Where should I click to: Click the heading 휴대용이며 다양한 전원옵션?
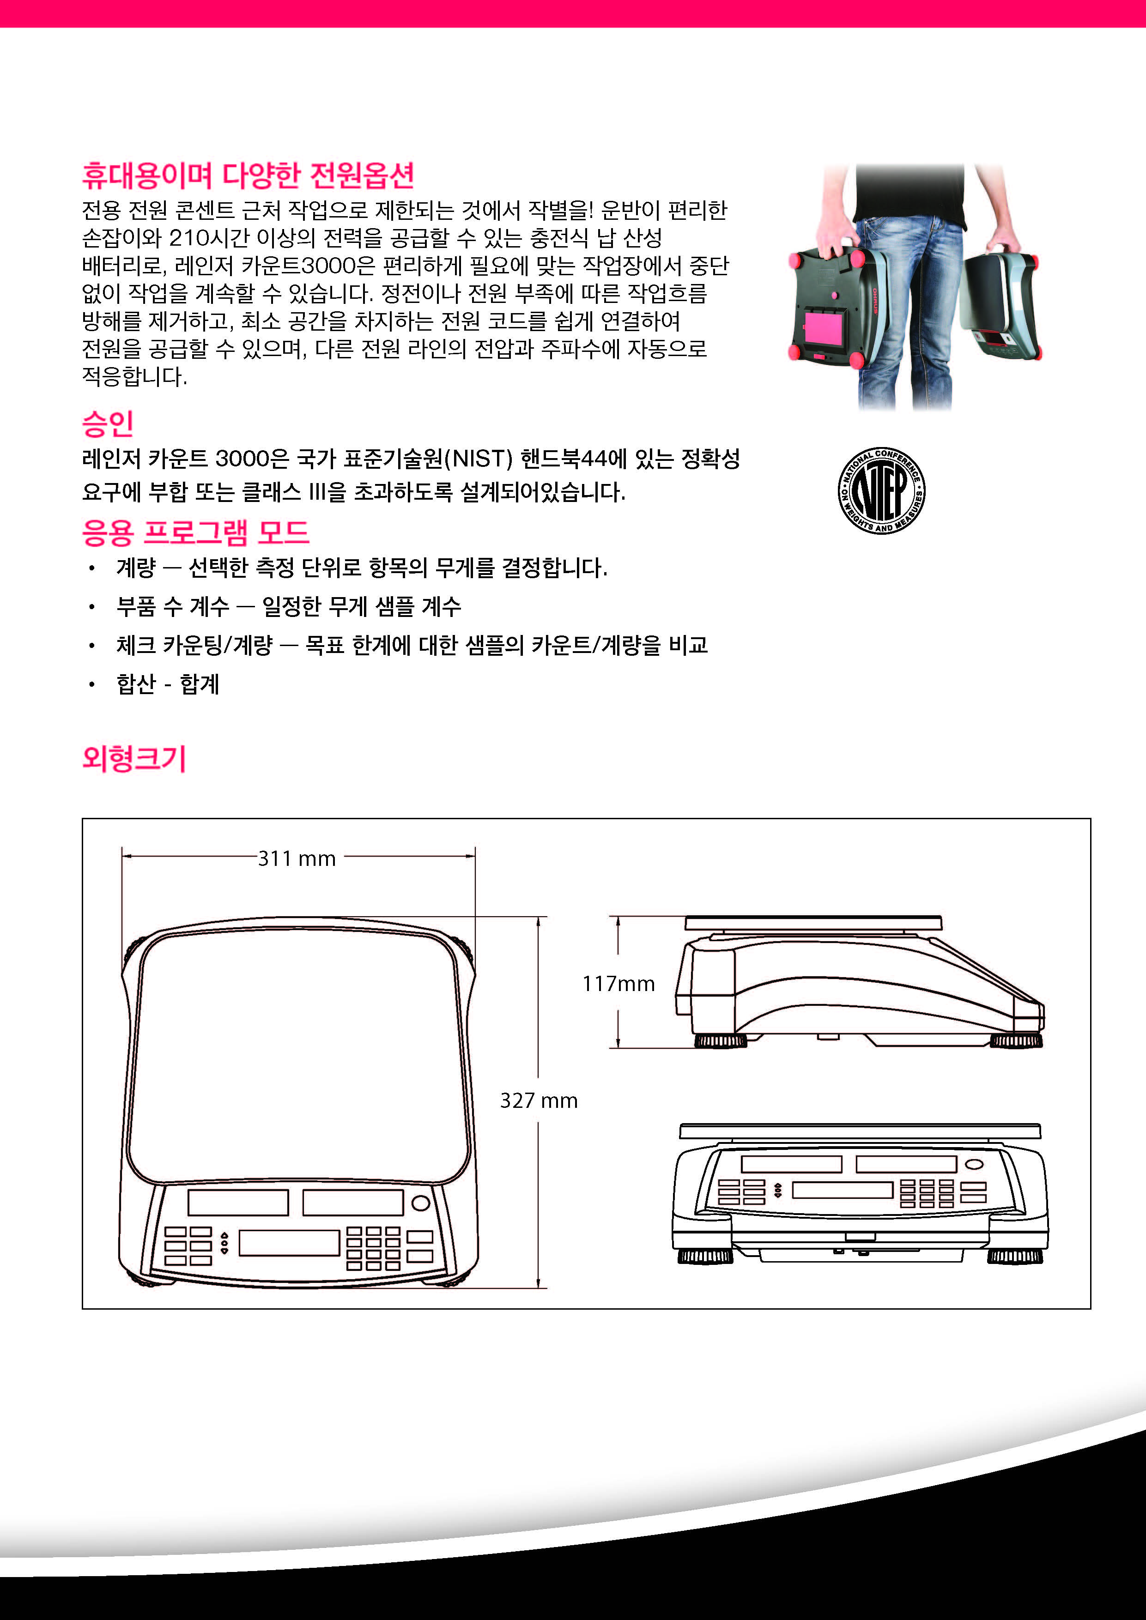click(x=248, y=175)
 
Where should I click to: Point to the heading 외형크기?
click(x=134, y=758)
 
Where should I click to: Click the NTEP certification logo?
click(x=881, y=490)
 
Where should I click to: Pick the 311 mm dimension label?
click(x=297, y=858)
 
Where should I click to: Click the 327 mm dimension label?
click(x=539, y=1100)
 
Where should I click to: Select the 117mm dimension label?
click(x=618, y=984)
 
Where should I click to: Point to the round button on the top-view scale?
click(x=421, y=1202)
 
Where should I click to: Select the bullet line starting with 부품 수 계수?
click(x=289, y=606)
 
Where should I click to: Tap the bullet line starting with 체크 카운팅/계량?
click(x=412, y=645)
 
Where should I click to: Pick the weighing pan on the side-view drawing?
click(x=813, y=923)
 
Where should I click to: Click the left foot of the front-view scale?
click(x=705, y=1256)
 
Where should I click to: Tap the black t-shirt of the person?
click(x=908, y=194)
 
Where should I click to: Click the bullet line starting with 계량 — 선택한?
click(x=362, y=567)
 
